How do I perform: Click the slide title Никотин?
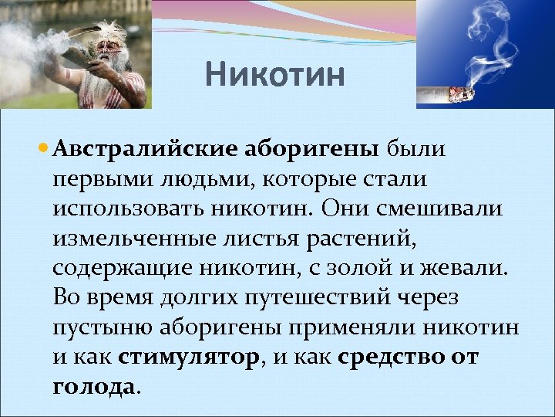click(x=276, y=76)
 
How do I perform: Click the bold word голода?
click(x=93, y=387)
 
